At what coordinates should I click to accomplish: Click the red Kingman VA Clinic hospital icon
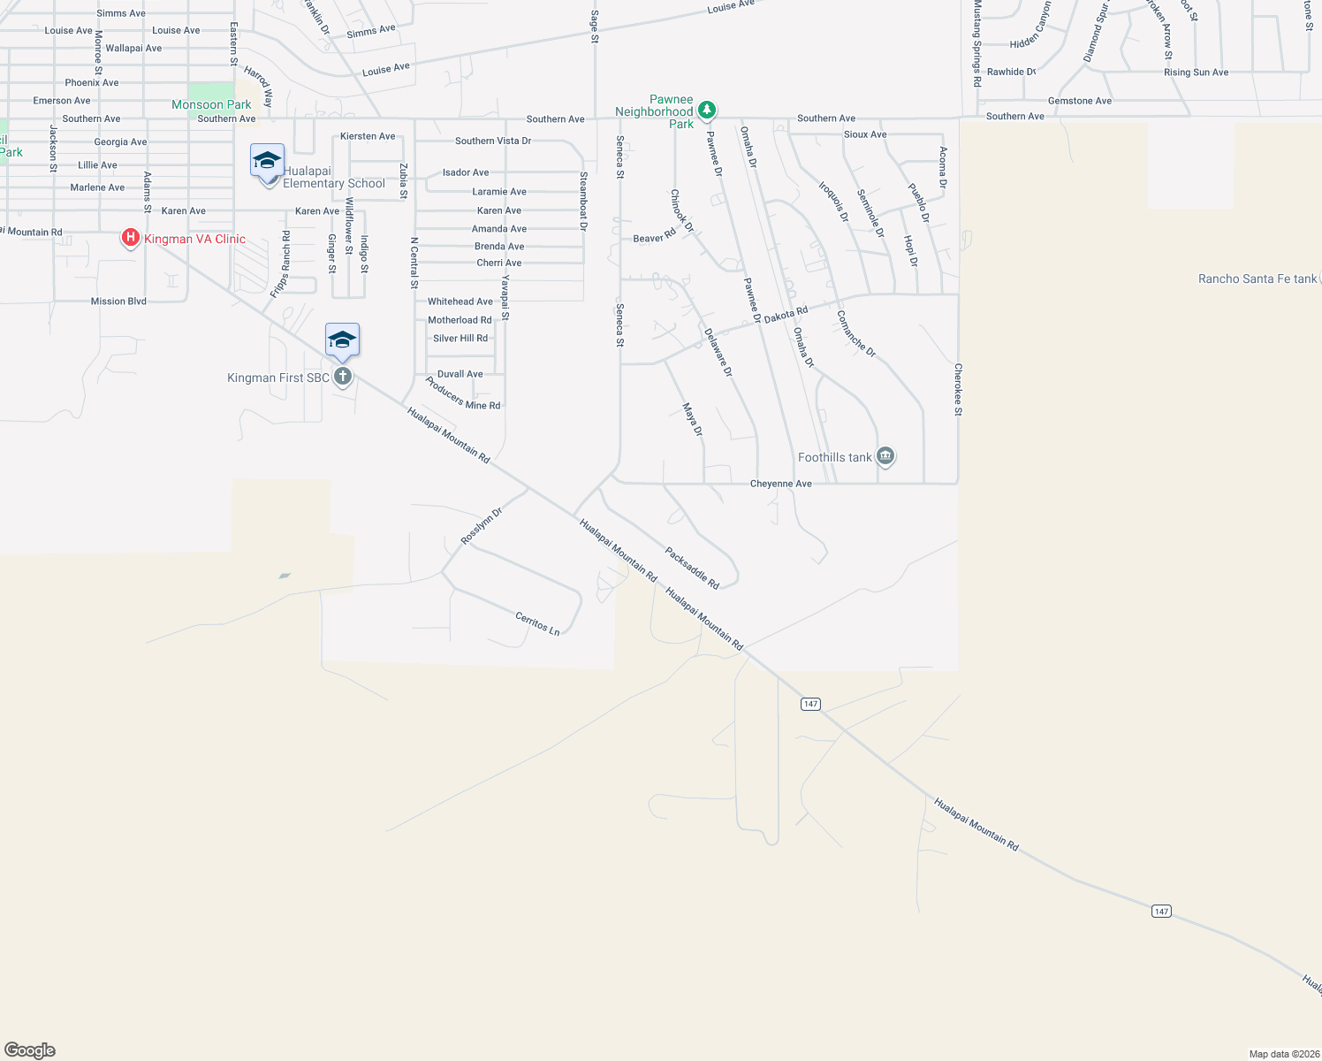tap(131, 238)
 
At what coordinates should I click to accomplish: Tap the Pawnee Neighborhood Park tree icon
tap(706, 111)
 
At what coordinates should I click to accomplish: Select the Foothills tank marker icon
tap(885, 456)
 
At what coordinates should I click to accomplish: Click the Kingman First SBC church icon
tap(343, 377)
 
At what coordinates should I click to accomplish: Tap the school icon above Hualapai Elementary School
tap(267, 161)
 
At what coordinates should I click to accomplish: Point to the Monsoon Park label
tap(211, 104)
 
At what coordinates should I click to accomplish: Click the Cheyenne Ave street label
tap(780, 484)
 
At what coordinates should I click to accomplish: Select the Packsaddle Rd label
tap(692, 568)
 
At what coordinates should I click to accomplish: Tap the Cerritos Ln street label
tap(537, 623)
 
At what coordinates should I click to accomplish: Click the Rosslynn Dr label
tap(481, 526)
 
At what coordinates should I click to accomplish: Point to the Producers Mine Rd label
tap(462, 393)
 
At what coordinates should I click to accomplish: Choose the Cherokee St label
tap(958, 389)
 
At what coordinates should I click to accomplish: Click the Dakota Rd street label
tap(786, 314)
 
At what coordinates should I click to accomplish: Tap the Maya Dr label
tap(693, 419)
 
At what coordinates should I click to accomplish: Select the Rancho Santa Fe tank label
tap(1257, 279)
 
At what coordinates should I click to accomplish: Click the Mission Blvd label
tap(118, 302)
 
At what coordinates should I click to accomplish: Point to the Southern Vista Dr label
tap(493, 141)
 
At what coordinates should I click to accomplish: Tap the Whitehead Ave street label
tap(460, 302)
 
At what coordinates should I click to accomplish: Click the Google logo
tap(30, 1050)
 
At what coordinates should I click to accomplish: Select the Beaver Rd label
tap(654, 238)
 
